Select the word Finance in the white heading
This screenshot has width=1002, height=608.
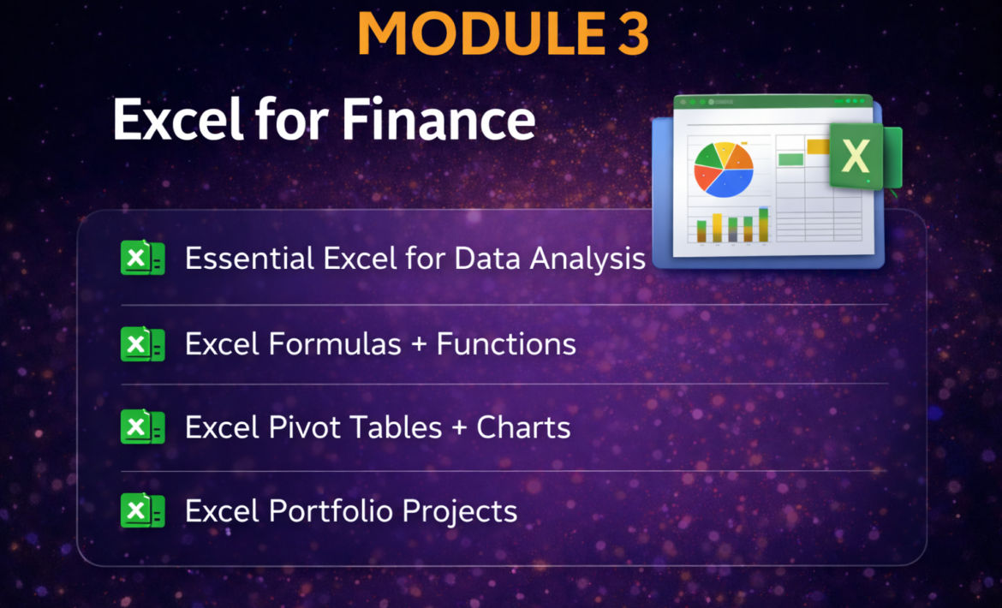[x=438, y=120]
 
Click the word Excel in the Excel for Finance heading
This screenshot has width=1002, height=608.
[x=177, y=120]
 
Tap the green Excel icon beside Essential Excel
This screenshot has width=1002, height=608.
[x=142, y=258]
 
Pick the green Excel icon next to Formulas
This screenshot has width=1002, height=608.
[x=142, y=344]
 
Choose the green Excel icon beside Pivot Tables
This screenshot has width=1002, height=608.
[x=142, y=426]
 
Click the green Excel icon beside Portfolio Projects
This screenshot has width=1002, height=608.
[x=142, y=511]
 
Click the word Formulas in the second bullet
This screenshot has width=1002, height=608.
[x=335, y=344]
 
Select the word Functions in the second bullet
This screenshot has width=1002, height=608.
[x=506, y=344]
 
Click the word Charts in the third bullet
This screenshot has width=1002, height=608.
[x=523, y=427]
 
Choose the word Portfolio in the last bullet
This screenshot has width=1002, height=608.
[x=331, y=511]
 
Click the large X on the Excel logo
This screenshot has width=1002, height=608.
[x=855, y=157]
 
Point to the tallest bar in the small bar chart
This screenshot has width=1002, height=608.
[x=764, y=225]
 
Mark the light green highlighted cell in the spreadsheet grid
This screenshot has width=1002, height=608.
[x=791, y=159]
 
